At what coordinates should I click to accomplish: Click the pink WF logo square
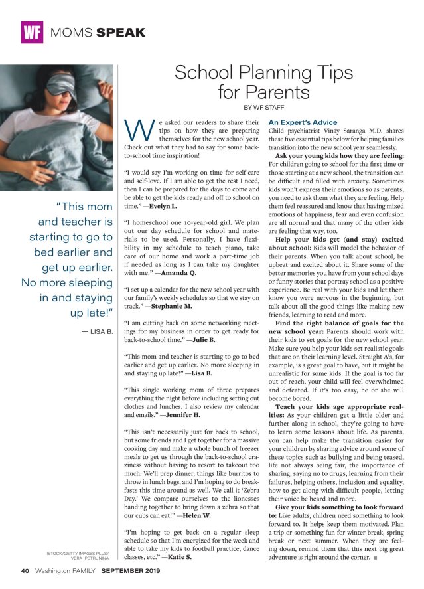coord(32,32)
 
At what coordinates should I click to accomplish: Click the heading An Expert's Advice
coord(303,122)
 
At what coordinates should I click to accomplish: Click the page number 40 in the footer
coord(25,570)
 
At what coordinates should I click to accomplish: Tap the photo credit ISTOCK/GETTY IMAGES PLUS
coord(78,553)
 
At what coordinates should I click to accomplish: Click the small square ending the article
coord(376,558)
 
